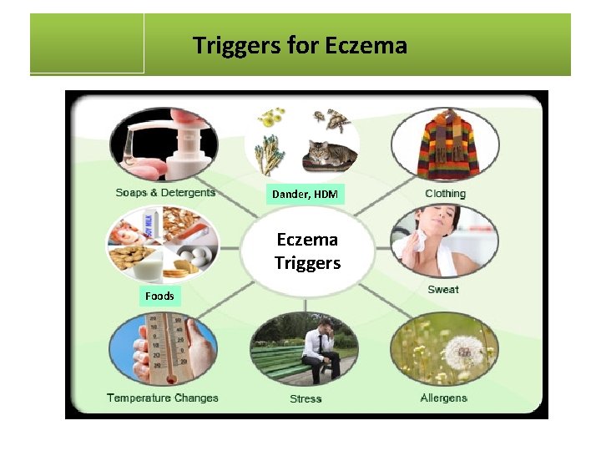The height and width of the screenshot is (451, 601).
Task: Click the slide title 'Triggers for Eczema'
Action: point(300,44)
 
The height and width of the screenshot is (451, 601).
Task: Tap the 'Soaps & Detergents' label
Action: point(165,193)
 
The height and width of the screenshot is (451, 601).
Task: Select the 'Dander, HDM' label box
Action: point(305,195)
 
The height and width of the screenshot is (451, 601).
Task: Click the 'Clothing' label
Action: point(445,194)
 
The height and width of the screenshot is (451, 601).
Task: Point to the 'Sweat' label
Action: point(443,290)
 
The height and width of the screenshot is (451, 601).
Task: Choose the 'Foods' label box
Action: point(159,296)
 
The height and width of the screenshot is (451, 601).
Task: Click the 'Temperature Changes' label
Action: point(163,398)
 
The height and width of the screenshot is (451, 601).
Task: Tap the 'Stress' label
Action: point(306,398)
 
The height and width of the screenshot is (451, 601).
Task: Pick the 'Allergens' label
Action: point(444,398)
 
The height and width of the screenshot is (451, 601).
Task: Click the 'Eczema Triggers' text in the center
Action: point(307,251)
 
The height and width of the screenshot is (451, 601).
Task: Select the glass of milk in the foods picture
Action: point(150,268)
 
